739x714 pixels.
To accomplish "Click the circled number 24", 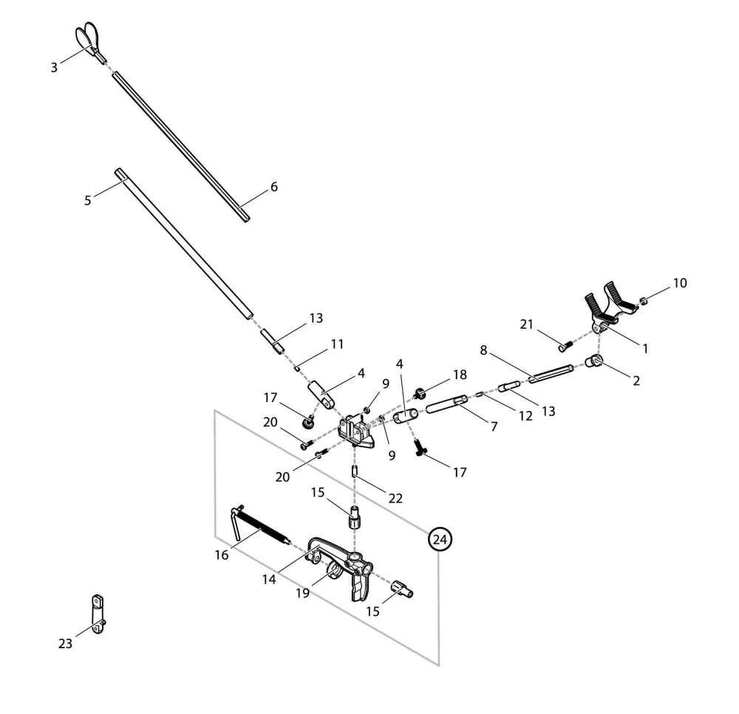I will [x=440, y=540].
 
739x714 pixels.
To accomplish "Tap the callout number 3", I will [x=54, y=67].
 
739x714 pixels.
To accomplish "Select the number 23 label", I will [x=66, y=644].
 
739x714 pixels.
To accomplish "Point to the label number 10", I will [x=679, y=282].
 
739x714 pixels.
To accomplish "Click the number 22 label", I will [x=395, y=498].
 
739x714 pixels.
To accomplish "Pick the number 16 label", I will [x=222, y=555].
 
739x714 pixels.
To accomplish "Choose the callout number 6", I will [x=274, y=187].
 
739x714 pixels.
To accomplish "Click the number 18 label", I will [x=460, y=375].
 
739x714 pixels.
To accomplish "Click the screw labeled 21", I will [x=565, y=343].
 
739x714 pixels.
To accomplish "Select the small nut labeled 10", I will [x=643, y=300].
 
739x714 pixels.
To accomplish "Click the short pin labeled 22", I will [x=355, y=471].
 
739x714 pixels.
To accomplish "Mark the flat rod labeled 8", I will [x=551, y=374].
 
